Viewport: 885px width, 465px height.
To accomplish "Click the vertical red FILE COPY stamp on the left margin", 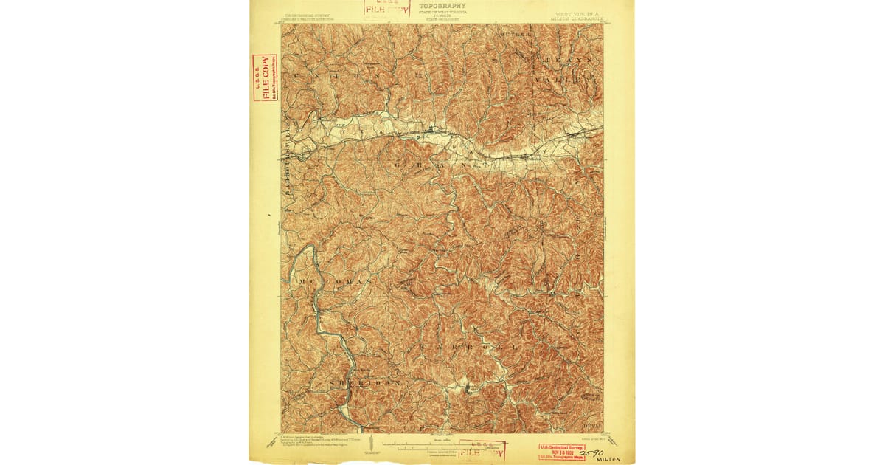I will (264, 77).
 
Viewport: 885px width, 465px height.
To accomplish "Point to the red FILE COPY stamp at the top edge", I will (385, 9).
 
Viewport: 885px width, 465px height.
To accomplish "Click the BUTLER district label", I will (515, 35).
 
